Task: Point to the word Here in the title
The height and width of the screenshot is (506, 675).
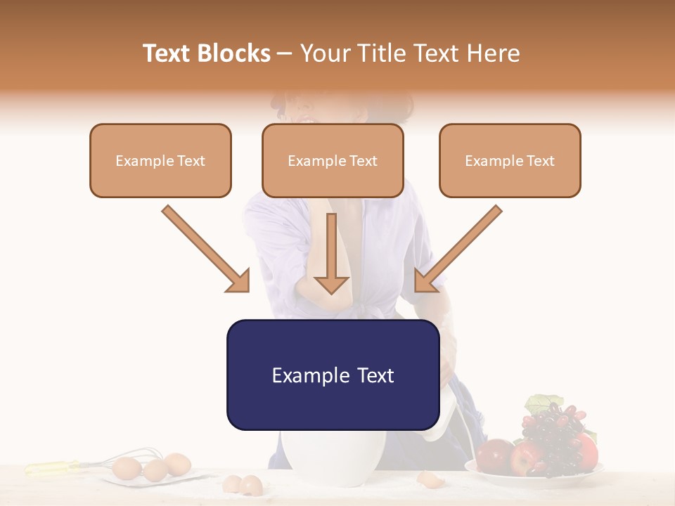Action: pos(494,53)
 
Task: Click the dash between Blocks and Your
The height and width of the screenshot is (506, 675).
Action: pos(285,54)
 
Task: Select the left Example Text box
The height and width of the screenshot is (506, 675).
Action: pos(160,160)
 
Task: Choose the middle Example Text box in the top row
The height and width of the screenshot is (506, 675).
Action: pos(333,160)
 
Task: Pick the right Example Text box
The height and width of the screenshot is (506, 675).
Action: pos(510,160)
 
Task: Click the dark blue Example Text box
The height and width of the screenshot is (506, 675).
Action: pos(333,375)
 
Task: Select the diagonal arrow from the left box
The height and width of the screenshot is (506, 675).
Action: pos(205,247)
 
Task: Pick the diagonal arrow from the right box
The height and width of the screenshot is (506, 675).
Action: pos(458,247)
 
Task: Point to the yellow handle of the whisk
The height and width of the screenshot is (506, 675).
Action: pos(52,467)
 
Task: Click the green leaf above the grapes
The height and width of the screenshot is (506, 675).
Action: pos(540,403)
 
